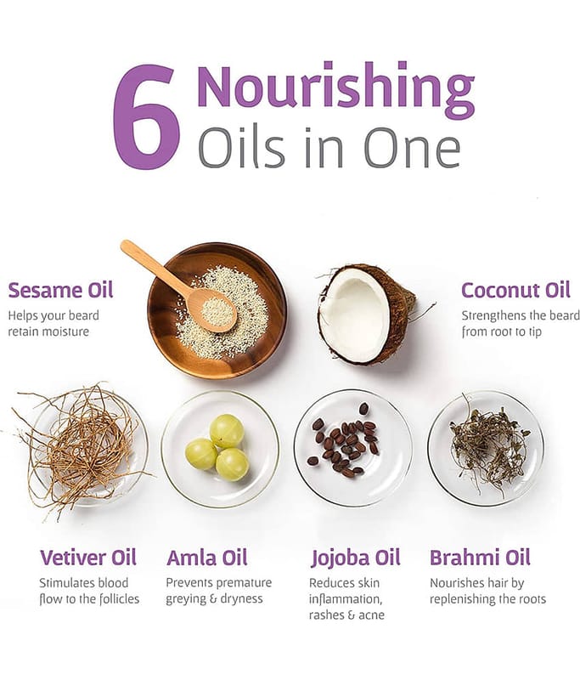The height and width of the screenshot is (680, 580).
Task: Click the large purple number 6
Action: click(x=146, y=116)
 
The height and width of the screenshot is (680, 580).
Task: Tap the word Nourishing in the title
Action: click(x=336, y=89)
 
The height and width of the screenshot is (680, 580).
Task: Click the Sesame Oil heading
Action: click(x=60, y=290)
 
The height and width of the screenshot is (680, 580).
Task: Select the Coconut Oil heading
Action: click(x=515, y=290)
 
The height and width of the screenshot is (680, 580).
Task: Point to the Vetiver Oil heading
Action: click(x=88, y=558)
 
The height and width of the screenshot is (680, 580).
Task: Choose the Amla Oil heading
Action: click(x=207, y=558)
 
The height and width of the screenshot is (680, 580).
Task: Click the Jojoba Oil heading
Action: click(x=356, y=558)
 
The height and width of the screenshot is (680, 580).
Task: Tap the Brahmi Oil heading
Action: click(x=480, y=558)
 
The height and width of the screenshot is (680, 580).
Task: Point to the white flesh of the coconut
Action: click(x=356, y=315)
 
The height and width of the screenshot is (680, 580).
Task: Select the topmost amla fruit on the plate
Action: click(x=227, y=431)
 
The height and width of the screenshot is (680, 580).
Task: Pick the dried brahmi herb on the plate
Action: click(x=489, y=447)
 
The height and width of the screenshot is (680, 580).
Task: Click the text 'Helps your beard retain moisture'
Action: click(x=53, y=324)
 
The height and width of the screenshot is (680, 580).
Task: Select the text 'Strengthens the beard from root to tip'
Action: click(x=521, y=324)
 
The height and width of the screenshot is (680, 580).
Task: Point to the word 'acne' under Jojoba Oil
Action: click(x=372, y=615)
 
